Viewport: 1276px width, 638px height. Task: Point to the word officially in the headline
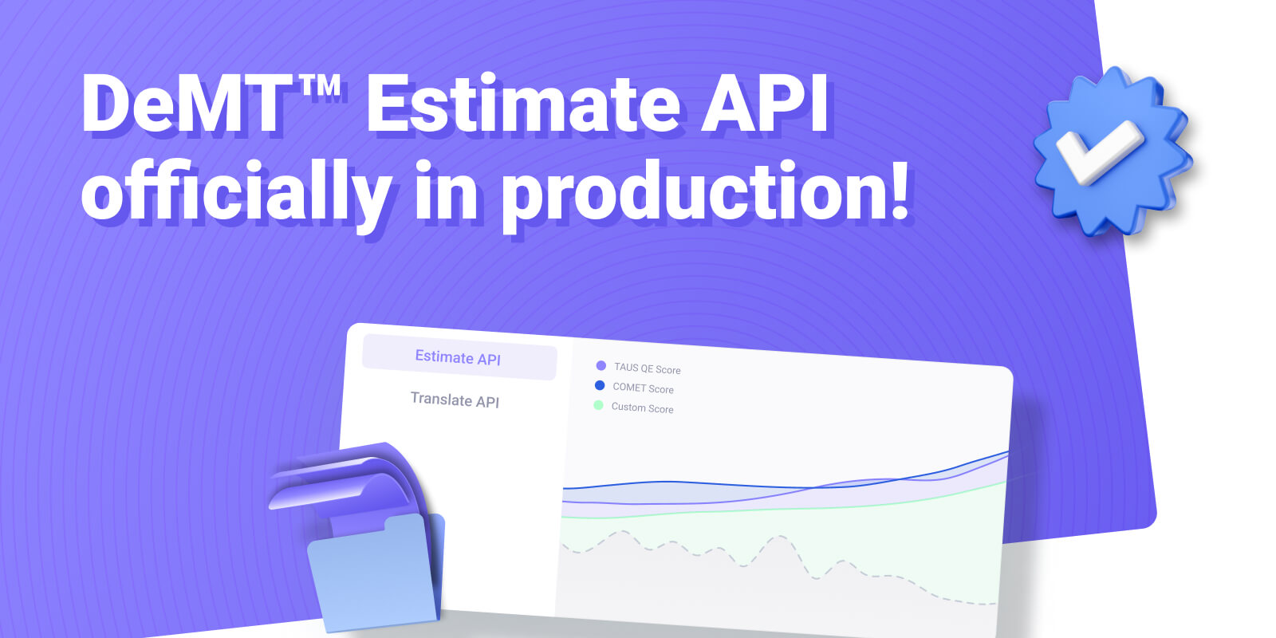coord(236,190)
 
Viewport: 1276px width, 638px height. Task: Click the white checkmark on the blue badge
coord(1100,151)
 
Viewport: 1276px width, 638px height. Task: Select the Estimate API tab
coord(459,358)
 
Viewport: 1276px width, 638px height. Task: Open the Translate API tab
coord(455,400)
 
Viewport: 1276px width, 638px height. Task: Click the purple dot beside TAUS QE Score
coord(601,366)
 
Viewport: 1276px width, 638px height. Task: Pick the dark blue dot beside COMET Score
coord(599,386)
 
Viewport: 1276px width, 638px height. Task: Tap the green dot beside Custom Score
coord(598,405)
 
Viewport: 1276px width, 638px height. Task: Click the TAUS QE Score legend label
coord(647,368)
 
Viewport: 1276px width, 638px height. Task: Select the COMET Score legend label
coord(643,388)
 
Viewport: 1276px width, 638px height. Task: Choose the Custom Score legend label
coord(642,408)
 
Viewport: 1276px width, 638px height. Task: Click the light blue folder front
coord(373,575)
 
